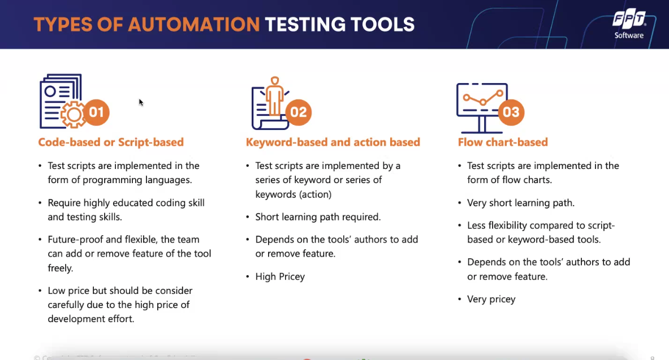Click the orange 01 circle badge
tap(96, 112)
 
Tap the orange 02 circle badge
tap(298, 112)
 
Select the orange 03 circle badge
tap(511, 112)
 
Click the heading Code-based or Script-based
tap(111, 142)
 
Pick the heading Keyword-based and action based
tap(333, 142)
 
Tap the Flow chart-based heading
tap(503, 142)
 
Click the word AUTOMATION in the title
tap(194, 24)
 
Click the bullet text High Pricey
tap(280, 276)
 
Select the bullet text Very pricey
tap(491, 299)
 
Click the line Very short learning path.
tap(520, 202)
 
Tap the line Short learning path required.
tap(318, 216)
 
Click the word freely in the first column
tap(60, 268)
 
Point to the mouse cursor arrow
tap(140, 102)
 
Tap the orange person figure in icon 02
tap(275, 96)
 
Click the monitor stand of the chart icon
tap(482, 125)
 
